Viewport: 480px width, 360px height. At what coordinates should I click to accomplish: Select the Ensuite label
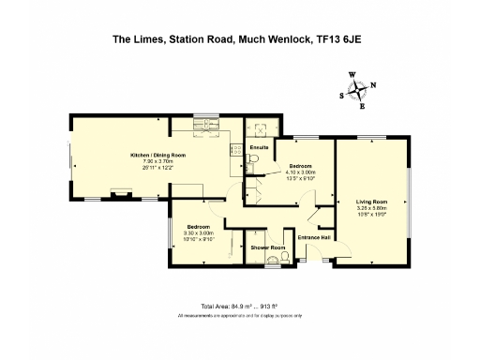coord(260,148)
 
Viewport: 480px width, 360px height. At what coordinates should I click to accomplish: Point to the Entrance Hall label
coord(314,237)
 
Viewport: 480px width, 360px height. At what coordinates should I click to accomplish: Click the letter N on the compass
coord(373,84)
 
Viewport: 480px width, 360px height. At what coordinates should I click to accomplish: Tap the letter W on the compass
coord(352,74)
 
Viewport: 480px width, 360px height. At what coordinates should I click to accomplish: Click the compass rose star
coord(357,91)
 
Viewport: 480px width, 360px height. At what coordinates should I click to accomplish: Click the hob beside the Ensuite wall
coord(235,151)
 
